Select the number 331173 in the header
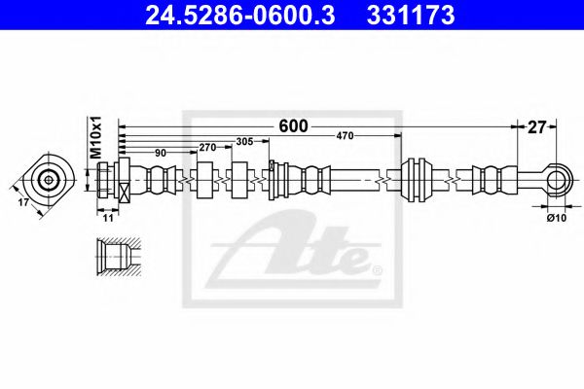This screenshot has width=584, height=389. pyautogui.click(x=401, y=16)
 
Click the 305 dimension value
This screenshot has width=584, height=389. pyautogui.click(x=244, y=142)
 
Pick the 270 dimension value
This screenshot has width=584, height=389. pyautogui.click(x=207, y=148)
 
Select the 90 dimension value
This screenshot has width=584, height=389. pyautogui.click(x=161, y=153)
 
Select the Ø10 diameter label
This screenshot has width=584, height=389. pyautogui.click(x=557, y=219)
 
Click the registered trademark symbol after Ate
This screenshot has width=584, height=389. pyautogui.click(x=378, y=268)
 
